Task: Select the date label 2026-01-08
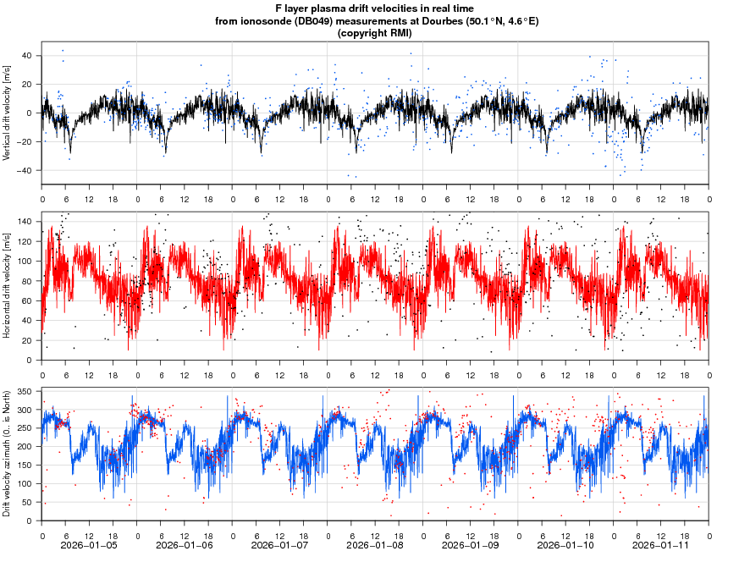[x=375, y=546]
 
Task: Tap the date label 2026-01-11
[x=662, y=546]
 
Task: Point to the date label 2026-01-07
[x=280, y=546]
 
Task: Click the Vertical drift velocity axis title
[x=7, y=113]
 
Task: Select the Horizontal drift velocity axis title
[x=7, y=285]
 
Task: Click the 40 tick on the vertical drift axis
[x=26, y=56]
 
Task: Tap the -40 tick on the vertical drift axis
[x=25, y=170]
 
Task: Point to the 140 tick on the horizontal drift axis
[x=24, y=221]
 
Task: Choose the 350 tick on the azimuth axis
[x=24, y=392]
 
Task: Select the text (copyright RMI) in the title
[x=374, y=33]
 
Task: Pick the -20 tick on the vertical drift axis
[x=25, y=141]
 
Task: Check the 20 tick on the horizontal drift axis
[x=26, y=340]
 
